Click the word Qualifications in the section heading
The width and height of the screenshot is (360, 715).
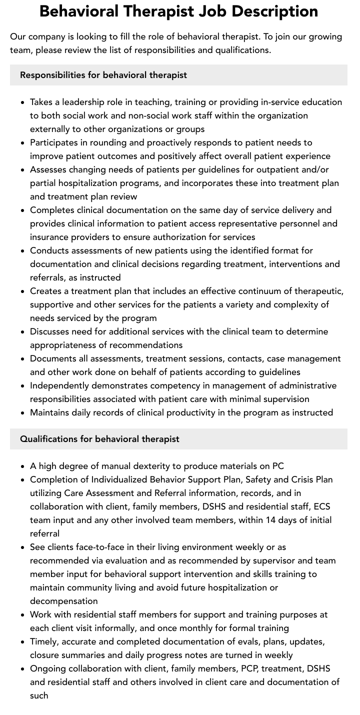(49, 439)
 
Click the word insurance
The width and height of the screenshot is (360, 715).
(51, 237)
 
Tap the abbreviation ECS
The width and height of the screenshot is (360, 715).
(322, 506)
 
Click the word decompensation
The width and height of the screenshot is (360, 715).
(64, 601)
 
